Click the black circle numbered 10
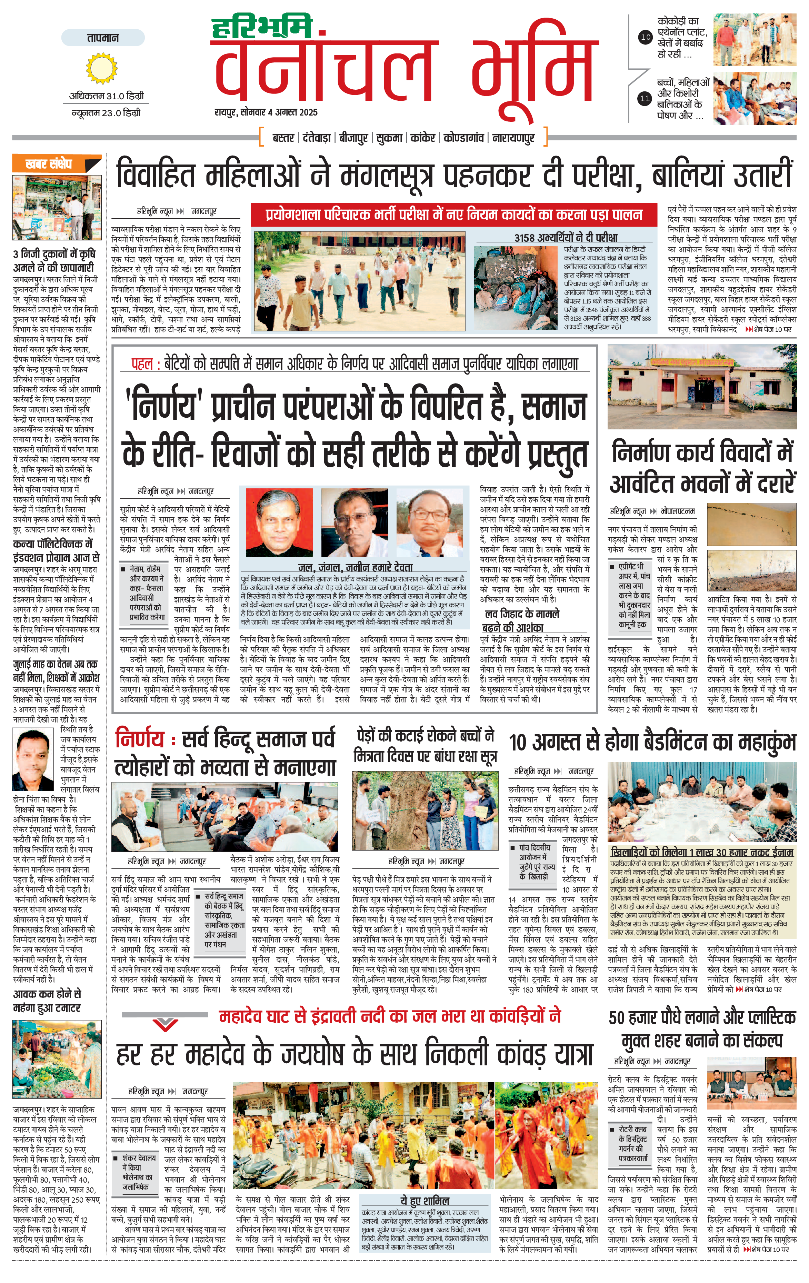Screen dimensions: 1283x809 click(x=646, y=37)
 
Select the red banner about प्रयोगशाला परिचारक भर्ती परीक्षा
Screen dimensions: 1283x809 click(x=454, y=215)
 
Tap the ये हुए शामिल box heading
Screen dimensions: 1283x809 click(x=425, y=1201)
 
